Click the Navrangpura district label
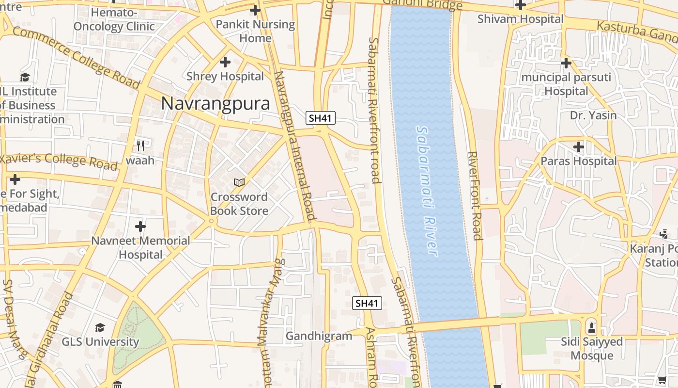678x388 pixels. pyautogui.click(x=216, y=103)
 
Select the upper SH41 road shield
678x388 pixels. pyautogui.click(x=321, y=118)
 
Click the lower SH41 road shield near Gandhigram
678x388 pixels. pyautogui.click(x=367, y=303)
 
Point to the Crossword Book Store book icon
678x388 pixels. pyautogui.click(x=239, y=182)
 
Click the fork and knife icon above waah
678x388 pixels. pyautogui.click(x=140, y=145)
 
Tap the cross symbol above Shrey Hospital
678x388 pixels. pyautogui.click(x=225, y=62)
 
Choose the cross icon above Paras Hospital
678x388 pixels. pyautogui.click(x=579, y=146)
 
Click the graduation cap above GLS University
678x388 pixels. pyautogui.click(x=100, y=327)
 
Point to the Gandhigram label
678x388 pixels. pyautogui.click(x=319, y=336)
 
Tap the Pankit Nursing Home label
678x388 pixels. pyautogui.click(x=255, y=31)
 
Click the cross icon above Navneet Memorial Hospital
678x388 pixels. pyautogui.click(x=140, y=226)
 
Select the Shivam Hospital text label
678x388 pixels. pyautogui.click(x=521, y=19)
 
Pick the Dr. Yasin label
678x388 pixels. pyautogui.click(x=593, y=115)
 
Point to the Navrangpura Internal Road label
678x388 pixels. pyautogui.click(x=294, y=145)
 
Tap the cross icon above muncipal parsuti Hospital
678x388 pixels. pyautogui.click(x=566, y=63)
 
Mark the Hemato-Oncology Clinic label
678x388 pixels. pyautogui.click(x=114, y=19)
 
